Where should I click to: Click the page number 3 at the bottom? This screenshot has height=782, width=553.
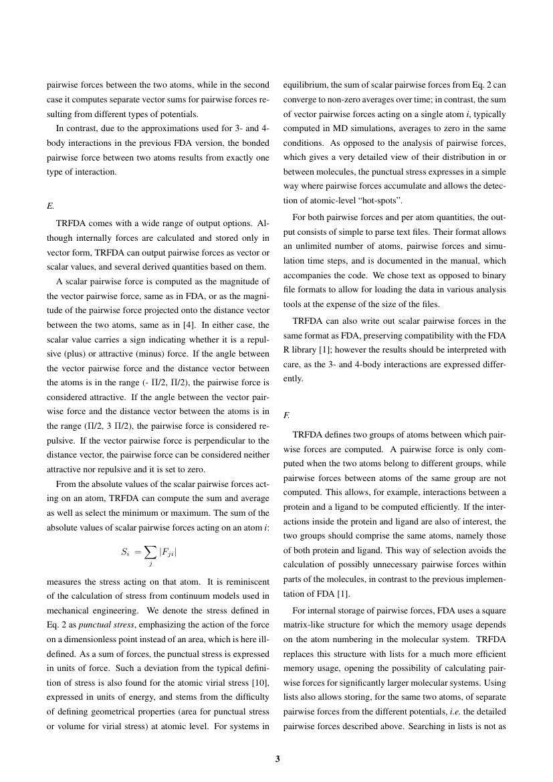(x=276, y=759)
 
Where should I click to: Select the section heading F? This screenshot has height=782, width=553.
(x=287, y=415)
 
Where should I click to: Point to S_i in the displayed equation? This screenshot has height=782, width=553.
(x=125, y=552)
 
